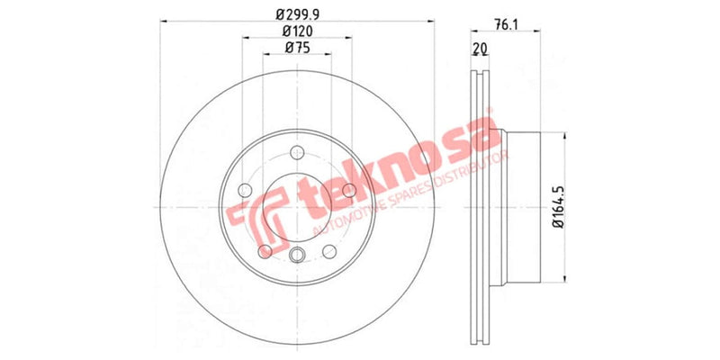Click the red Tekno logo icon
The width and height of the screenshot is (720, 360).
tap(255, 211)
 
